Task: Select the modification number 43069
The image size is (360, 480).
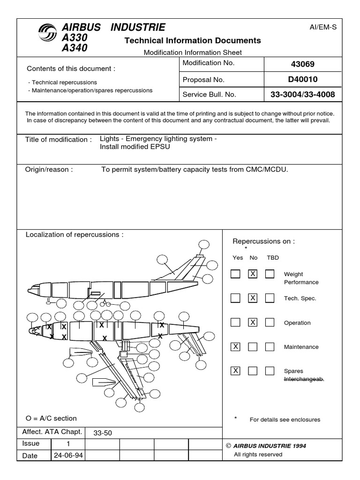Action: [302, 64]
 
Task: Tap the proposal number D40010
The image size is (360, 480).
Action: [302, 79]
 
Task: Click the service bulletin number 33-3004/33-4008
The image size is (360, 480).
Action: [302, 94]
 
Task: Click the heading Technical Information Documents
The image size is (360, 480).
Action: [193, 41]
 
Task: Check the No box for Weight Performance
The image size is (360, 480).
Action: [253, 274]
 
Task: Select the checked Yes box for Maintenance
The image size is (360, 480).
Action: [236, 347]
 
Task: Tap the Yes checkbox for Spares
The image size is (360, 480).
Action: [236, 371]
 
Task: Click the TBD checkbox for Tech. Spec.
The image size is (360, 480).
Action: [270, 298]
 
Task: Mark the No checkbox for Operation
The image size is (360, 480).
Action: [253, 322]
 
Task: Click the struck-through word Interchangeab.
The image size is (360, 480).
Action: [304, 379]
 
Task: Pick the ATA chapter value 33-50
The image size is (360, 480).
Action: [103, 433]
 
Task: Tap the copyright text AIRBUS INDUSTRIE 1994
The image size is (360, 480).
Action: [270, 446]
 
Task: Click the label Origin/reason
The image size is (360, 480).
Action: [49, 169]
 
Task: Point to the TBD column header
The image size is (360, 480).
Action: [272, 257]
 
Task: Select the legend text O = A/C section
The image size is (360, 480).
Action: [51, 418]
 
